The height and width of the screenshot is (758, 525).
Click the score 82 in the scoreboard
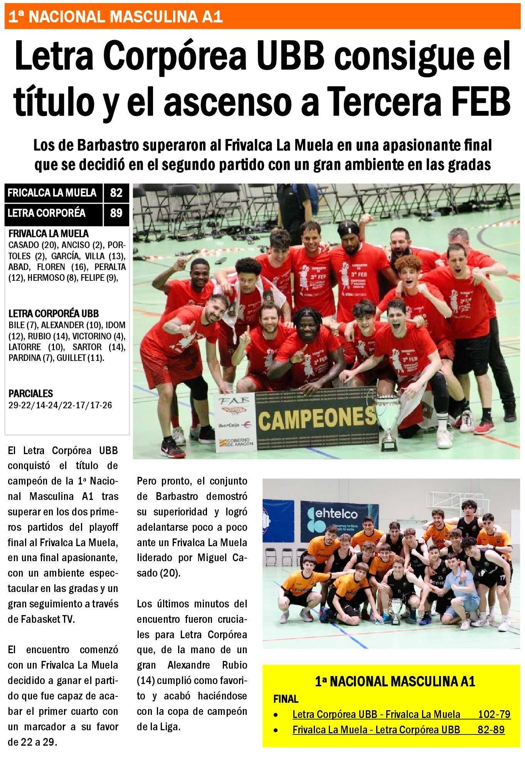[116, 193]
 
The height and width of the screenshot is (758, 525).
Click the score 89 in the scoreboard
[116, 213]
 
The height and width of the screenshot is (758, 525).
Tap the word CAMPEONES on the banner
[316, 419]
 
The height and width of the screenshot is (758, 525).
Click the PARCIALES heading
[31, 394]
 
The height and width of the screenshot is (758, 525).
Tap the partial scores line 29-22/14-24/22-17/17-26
[60, 405]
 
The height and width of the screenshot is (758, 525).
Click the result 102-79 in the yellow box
[494, 714]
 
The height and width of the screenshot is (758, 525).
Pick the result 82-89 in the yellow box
[491, 730]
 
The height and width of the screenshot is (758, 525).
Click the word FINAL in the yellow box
[286, 699]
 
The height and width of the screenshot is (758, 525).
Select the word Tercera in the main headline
[384, 102]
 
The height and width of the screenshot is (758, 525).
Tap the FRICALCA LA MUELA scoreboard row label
[52, 193]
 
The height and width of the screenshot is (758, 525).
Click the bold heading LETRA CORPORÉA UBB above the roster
[54, 314]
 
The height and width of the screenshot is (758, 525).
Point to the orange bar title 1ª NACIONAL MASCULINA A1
[116, 17]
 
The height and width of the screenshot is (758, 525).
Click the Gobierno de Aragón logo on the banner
[236, 442]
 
